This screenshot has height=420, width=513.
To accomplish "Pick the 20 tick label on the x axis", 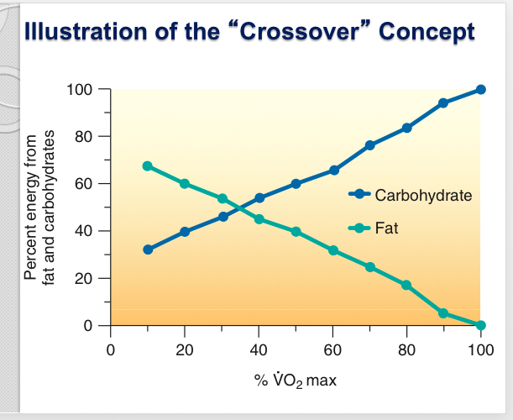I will click(185, 349).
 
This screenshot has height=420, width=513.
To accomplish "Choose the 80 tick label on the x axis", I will click(406, 349).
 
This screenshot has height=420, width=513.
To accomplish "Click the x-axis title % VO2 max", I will click(296, 381).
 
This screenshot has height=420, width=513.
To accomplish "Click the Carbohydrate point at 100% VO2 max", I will click(480, 90).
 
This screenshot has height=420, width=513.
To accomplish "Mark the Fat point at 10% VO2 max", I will click(148, 166).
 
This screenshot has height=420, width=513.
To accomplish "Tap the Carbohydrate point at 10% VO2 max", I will click(148, 249).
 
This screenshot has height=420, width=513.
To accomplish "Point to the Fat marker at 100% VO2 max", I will click(480, 325).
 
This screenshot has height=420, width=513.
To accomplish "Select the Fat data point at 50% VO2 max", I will click(296, 231).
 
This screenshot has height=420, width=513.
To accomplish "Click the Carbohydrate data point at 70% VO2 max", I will click(369, 145).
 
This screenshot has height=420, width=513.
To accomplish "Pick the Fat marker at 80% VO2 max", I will click(406, 285).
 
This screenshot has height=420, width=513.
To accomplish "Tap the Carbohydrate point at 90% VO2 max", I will click(443, 103).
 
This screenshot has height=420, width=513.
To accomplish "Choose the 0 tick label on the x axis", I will click(111, 349).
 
